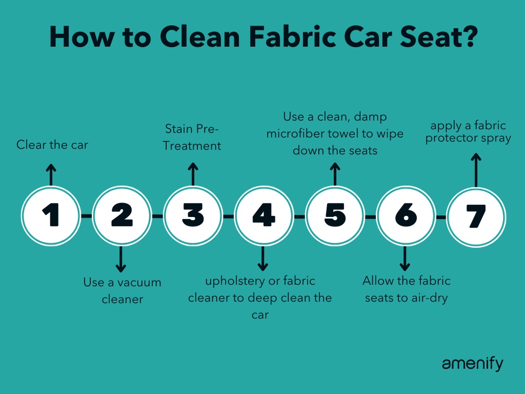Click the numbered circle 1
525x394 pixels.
pyautogui.click(x=51, y=216)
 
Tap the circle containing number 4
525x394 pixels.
pyautogui.click(x=264, y=216)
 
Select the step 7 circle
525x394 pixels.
pyautogui.click(x=476, y=216)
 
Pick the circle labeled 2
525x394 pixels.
pyautogui.click(x=122, y=216)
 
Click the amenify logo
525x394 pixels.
pyautogui.click(x=472, y=364)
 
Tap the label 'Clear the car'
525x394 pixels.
pyautogui.click(x=52, y=144)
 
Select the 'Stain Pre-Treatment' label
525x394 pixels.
pyautogui.click(x=192, y=137)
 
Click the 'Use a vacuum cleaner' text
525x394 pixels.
pyautogui.click(x=122, y=291)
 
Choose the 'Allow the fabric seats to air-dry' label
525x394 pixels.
pyautogui.click(x=406, y=288)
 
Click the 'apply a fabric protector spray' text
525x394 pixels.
pyautogui.click(x=468, y=132)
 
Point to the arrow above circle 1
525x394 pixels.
pyautogui.click(x=51, y=174)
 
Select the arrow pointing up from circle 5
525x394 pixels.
pyautogui.click(x=335, y=174)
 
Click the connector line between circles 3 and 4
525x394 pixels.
pyautogui.click(x=228, y=216)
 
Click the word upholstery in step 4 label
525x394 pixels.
pyautogui.click(x=235, y=282)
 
